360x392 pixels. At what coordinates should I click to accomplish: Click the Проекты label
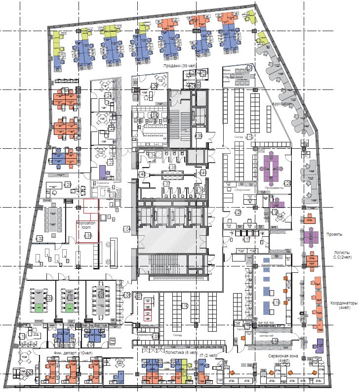point(334,234)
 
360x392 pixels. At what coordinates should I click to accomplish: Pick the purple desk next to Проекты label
point(311,235)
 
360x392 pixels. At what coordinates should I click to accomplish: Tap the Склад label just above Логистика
point(177,335)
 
